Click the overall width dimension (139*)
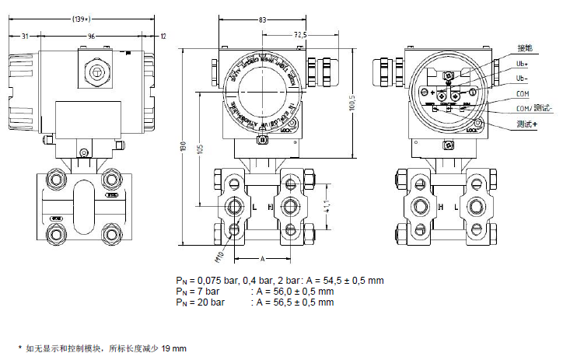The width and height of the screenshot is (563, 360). pyautogui.click(x=80, y=17)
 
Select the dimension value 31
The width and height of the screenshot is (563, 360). pyautogui.click(x=26, y=36)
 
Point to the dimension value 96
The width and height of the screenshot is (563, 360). pyautogui.click(x=91, y=36)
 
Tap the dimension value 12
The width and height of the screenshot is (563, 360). pyautogui.click(x=163, y=36)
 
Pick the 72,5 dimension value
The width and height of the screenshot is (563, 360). pyautogui.click(x=300, y=34)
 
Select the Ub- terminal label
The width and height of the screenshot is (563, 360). pyautogui.click(x=523, y=79)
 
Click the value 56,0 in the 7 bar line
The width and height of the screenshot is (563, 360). pyautogui.click(x=295, y=291)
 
